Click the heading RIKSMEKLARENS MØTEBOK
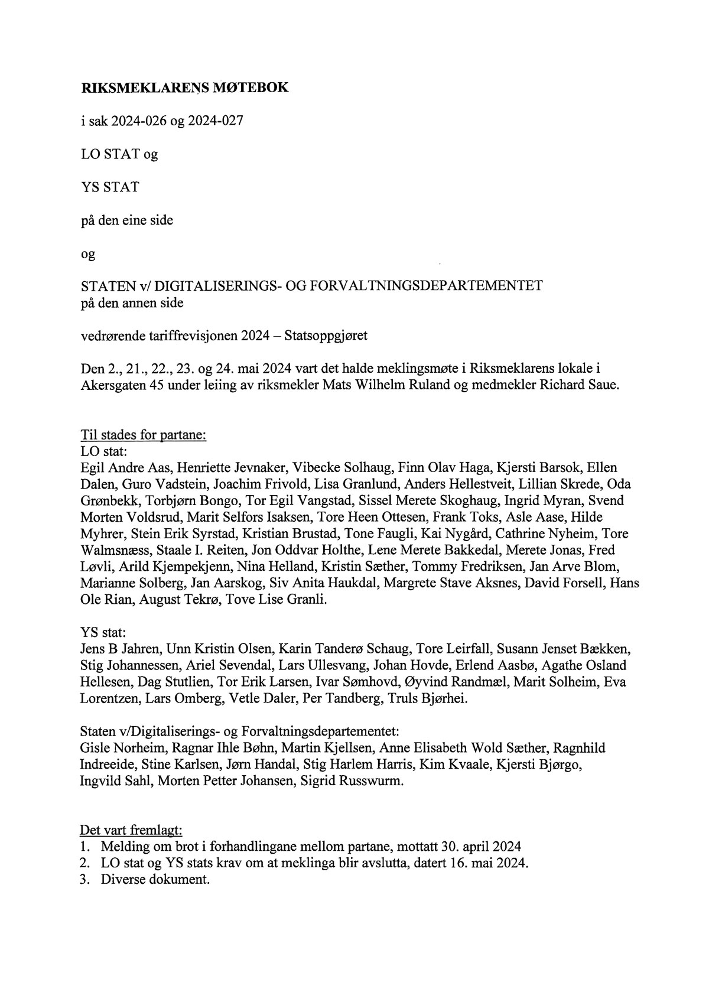[184, 88]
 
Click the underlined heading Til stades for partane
[142, 435]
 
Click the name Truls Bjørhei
[427, 698]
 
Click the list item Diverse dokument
[155, 879]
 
